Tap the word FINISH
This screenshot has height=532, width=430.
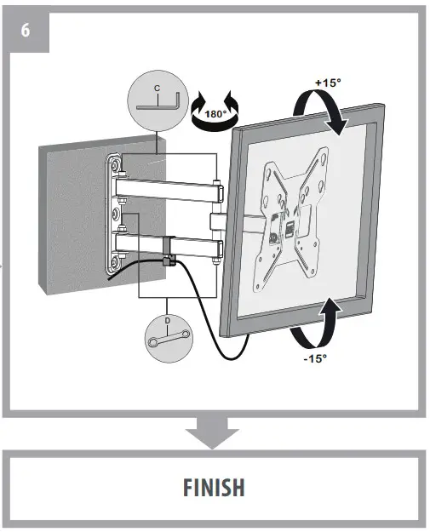[215, 487]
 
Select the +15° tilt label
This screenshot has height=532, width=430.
[328, 83]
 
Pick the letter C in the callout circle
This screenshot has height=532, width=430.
[156, 88]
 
